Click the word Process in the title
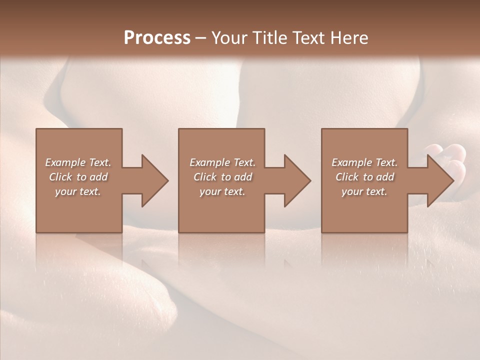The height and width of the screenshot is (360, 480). [157, 38]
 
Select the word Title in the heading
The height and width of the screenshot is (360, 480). [271, 38]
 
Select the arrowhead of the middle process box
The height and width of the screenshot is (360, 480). [296, 180]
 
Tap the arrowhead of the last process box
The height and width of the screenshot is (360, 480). [439, 180]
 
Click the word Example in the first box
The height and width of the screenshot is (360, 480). [65, 162]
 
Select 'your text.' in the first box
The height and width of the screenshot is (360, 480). [78, 191]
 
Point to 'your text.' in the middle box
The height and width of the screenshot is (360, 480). [222, 191]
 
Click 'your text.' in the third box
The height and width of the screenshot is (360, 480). [364, 191]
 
